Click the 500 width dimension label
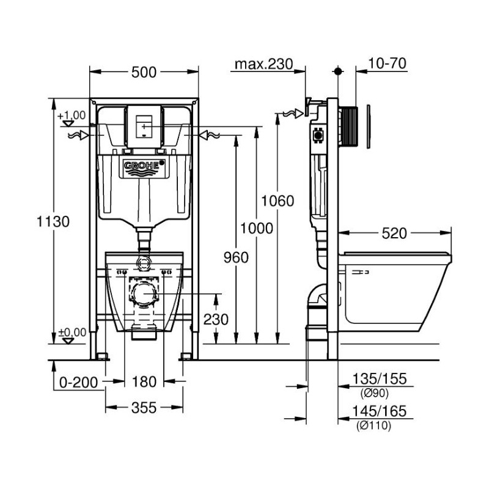click(144, 72)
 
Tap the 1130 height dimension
click(53, 222)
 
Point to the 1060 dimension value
click(278, 201)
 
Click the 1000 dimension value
click(256, 228)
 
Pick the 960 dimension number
click(236, 257)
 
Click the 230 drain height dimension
click(216, 319)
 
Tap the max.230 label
click(264, 64)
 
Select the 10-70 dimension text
click(388, 64)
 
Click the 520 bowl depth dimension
click(394, 233)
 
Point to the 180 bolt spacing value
click(144, 381)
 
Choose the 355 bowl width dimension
click(144, 408)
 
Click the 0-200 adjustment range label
click(79, 383)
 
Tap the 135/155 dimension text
click(380, 379)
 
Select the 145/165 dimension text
click(380, 411)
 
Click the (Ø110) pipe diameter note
click(373, 425)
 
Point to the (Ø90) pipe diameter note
click(375, 394)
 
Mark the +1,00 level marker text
click(72, 116)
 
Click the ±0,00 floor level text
click(72, 333)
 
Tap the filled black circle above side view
click(338, 72)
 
